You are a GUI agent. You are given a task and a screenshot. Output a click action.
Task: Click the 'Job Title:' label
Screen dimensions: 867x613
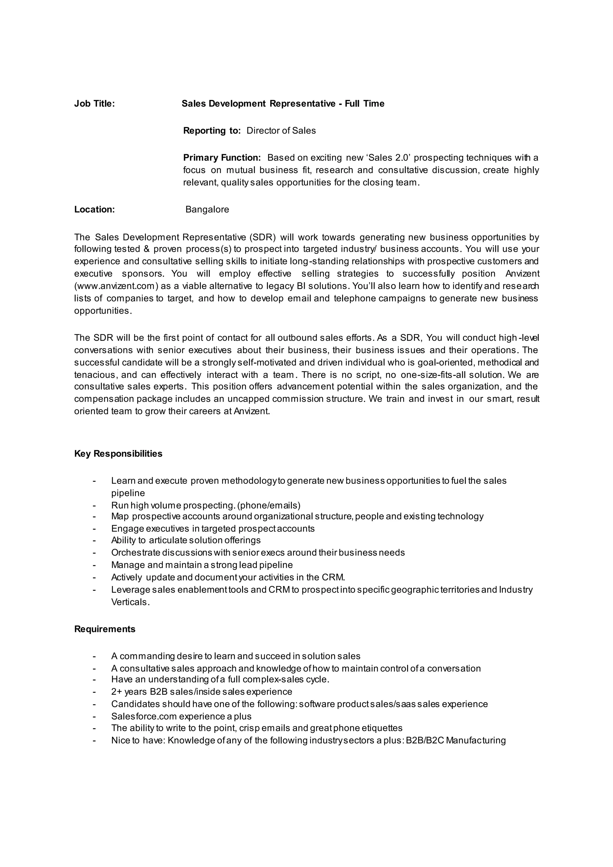[x=94, y=104]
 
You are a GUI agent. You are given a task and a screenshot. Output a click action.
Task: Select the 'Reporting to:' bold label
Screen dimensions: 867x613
[x=212, y=131]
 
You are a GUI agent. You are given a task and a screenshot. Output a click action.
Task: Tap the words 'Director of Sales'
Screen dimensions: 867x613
[x=281, y=131]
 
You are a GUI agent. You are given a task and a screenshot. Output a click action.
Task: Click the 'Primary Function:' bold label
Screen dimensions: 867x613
[x=222, y=157]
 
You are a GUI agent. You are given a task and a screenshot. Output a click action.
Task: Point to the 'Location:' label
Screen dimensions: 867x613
[x=94, y=210]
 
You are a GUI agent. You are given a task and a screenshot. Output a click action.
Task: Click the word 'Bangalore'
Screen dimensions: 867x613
[x=207, y=210]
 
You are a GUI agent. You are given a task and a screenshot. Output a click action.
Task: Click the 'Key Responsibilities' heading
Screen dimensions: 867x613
[x=118, y=454]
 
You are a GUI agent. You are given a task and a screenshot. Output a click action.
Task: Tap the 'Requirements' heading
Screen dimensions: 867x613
[x=104, y=629]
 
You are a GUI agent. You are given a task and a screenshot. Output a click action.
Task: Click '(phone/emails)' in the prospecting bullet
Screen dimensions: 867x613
[x=269, y=505]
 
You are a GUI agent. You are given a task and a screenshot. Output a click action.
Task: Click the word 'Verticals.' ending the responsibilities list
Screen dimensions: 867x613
[x=130, y=602]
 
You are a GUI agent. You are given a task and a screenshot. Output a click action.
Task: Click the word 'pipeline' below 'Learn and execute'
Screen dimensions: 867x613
[x=128, y=493]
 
